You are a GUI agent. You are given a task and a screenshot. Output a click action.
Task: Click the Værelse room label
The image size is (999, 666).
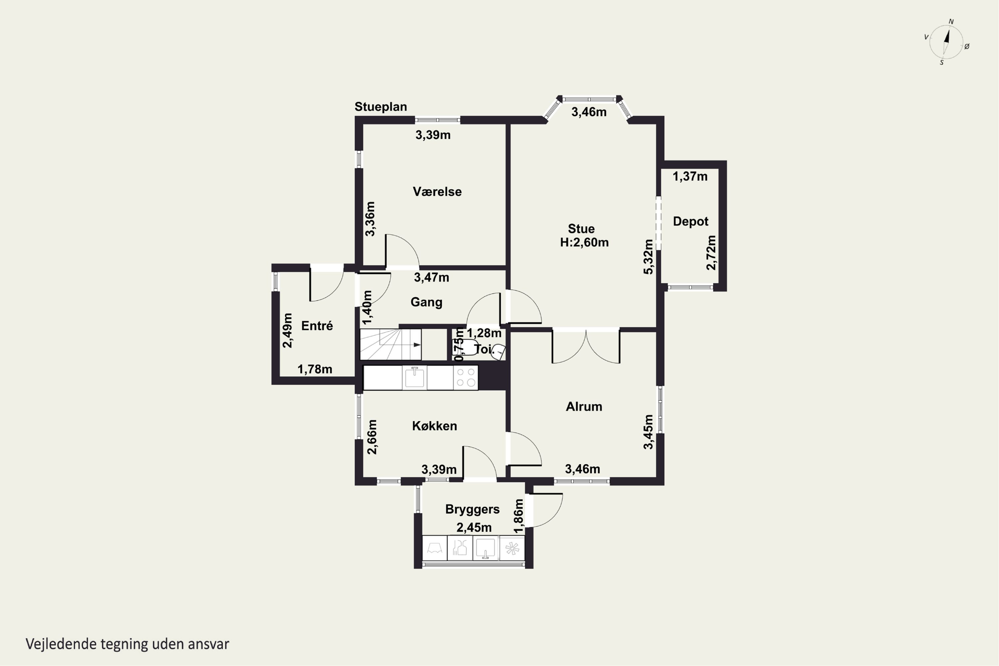click(437, 191)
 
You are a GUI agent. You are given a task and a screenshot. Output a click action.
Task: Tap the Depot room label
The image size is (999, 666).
click(691, 221)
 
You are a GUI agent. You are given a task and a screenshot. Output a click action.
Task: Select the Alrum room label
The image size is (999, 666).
click(584, 407)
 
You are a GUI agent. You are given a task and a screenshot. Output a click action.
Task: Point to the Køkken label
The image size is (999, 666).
click(435, 426)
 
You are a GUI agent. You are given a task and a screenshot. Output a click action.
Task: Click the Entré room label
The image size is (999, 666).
click(317, 326)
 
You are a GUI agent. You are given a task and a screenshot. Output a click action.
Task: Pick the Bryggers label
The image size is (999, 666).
click(472, 509)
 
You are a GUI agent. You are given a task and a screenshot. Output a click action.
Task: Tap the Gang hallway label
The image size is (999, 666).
click(427, 302)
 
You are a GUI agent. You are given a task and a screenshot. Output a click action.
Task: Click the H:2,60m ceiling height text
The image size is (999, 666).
click(584, 242)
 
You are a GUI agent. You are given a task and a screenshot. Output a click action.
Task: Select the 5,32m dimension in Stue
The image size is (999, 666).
click(648, 257)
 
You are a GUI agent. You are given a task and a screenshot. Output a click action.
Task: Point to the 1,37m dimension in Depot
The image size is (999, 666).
click(690, 176)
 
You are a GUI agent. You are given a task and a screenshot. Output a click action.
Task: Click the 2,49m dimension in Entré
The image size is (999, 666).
click(288, 330)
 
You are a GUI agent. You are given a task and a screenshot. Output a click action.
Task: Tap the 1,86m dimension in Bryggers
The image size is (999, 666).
click(518, 516)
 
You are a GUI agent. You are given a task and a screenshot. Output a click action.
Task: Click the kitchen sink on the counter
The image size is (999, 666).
click(415, 378)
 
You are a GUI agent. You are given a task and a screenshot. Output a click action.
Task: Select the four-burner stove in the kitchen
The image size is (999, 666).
click(466, 378)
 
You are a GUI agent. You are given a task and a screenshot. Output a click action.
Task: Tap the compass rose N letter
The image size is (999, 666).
click(951, 22)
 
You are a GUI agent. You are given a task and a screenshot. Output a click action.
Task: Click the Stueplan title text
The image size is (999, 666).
click(381, 107)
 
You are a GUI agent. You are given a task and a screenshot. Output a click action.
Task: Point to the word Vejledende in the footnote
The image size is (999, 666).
click(61, 644)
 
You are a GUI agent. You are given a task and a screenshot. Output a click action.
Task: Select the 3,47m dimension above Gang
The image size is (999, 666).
click(432, 277)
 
